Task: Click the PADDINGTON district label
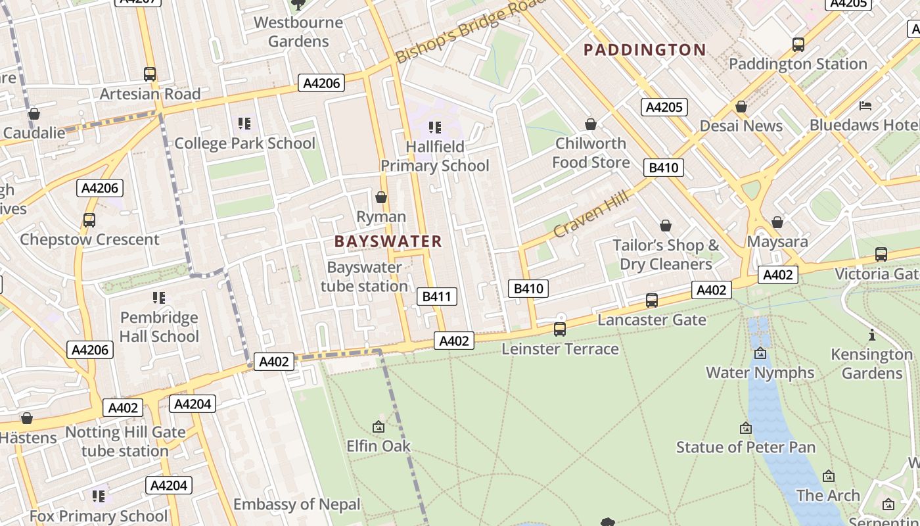(645, 50)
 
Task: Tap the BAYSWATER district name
(388, 241)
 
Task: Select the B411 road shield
(436, 297)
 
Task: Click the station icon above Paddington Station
(798, 45)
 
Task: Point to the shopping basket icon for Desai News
(741, 107)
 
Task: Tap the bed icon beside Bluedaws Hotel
(865, 105)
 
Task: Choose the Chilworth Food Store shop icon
(591, 124)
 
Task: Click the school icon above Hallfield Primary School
(434, 127)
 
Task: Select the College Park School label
(244, 143)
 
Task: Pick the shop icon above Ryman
(380, 197)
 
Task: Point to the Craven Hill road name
(591, 214)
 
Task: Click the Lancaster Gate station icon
(652, 300)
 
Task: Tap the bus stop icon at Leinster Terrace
(560, 329)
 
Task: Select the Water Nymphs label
(760, 373)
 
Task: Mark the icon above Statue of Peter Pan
(746, 428)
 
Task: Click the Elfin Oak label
(379, 446)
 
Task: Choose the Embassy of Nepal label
(297, 504)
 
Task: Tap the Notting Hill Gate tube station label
(125, 442)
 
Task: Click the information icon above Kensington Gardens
(872, 335)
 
